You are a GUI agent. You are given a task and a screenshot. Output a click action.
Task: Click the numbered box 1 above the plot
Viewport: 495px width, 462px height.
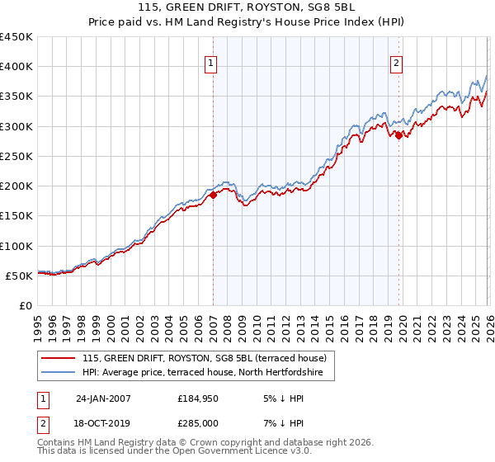210,64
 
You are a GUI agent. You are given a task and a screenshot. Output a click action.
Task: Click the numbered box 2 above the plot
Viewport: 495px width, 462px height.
397,64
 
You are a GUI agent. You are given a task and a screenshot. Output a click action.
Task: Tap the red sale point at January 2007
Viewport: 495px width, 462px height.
213,195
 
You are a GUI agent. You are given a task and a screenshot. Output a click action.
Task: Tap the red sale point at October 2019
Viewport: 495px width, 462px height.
398,135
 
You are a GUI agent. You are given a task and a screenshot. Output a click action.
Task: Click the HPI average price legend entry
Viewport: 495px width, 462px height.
207,374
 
